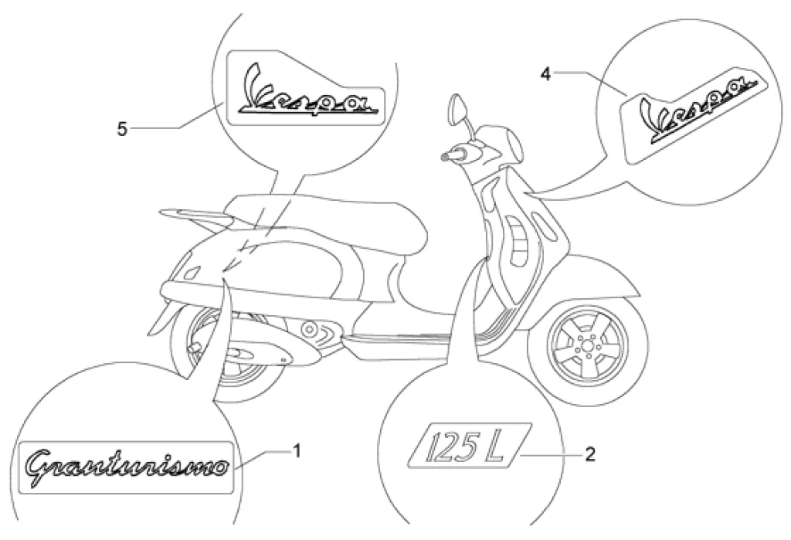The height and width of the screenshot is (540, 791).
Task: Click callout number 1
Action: [x=297, y=449]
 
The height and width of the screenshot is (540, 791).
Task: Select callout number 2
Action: [x=590, y=455]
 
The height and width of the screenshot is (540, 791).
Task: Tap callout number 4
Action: [x=546, y=73]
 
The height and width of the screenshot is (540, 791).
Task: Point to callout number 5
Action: [x=122, y=128]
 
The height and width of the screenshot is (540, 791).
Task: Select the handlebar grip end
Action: [x=446, y=156]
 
